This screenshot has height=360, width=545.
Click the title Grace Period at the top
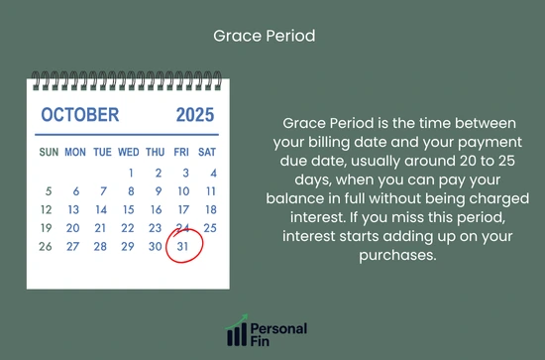(x=265, y=36)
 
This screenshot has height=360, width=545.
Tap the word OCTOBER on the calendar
(x=80, y=115)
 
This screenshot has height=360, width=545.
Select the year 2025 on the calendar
(x=194, y=115)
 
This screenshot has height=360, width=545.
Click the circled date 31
(x=182, y=246)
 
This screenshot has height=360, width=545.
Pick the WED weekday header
(x=129, y=153)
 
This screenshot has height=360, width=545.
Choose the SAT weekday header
(x=207, y=153)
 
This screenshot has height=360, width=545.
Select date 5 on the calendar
(x=49, y=190)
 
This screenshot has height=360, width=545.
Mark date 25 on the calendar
(x=208, y=228)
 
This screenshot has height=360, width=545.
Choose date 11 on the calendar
(x=209, y=190)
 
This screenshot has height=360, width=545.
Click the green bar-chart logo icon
(x=237, y=332)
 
